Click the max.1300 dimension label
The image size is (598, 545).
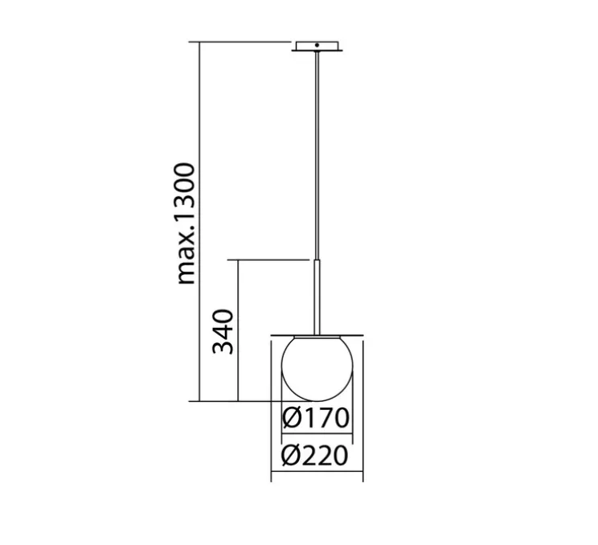[186, 223]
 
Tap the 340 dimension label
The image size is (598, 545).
[223, 331]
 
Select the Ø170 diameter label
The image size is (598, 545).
[316, 419]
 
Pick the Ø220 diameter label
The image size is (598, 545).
[316, 457]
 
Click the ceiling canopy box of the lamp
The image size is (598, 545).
[318, 46]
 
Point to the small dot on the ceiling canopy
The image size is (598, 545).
[318, 46]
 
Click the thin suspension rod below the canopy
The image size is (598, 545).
[317, 153]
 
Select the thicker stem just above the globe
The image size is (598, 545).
[317, 293]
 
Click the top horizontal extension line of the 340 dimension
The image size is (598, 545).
[269, 260]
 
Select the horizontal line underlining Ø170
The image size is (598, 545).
[316, 437]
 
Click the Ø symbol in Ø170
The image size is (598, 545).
[292, 419]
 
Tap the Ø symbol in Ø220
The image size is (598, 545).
[292, 457]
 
